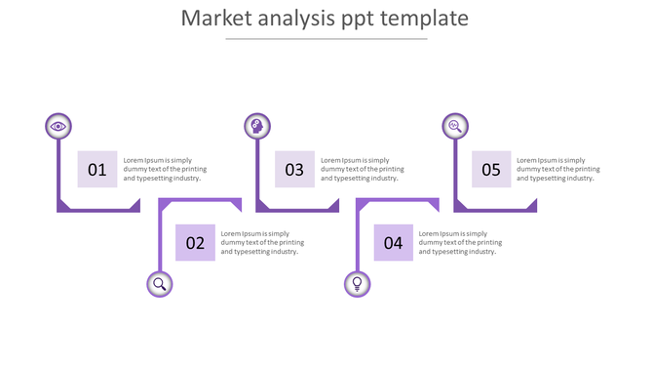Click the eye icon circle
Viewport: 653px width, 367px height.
tap(58, 126)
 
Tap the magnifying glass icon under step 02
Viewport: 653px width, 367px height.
tap(160, 284)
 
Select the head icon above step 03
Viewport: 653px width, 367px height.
tap(257, 126)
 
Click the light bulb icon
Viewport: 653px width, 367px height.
tap(358, 284)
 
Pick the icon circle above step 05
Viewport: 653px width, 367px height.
tap(454, 126)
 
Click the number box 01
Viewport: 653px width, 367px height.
tap(97, 170)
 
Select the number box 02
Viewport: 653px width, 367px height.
tap(195, 243)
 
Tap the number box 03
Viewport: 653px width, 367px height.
tap(294, 170)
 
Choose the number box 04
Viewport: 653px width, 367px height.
tap(393, 243)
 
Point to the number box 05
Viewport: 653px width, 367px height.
tap(491, 170)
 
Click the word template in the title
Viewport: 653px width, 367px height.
tap(427, 20)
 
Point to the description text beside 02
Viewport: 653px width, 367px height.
tap(262, 243)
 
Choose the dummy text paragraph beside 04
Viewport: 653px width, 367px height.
tap(460, 243)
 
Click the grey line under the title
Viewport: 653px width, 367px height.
tap(326, 39)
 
